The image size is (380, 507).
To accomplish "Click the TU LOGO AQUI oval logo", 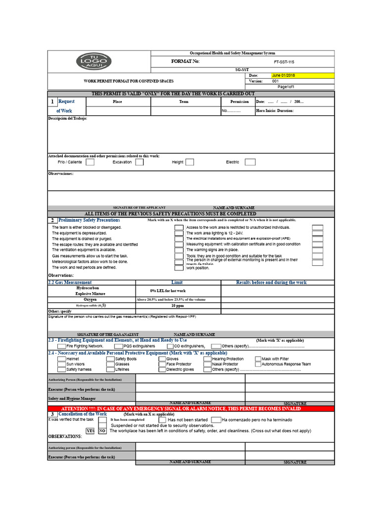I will pos(94,61).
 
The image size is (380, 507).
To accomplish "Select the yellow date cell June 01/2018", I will pos(302,76).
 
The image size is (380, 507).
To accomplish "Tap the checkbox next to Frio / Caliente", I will pos(90,162).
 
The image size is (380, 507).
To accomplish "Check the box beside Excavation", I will pos(140,162).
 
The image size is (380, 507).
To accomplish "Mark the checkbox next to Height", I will pos(190,162).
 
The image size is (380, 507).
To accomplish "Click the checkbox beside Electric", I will pos(250,162).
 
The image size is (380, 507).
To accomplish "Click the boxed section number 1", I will pos(53,102).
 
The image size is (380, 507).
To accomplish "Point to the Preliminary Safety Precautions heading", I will pos(89,220).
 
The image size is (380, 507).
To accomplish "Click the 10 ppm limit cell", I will pos(179,306).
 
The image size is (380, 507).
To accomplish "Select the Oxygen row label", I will pos(90,300).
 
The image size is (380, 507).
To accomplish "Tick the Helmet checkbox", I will pos(61,358).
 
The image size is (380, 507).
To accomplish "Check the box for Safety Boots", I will pos(110,358).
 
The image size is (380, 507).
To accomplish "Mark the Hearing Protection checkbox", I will pos(208,358).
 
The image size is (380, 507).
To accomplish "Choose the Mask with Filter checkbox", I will pos(258,358).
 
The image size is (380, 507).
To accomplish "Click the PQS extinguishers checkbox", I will pos(119,346).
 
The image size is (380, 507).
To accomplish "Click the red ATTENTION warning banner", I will pos(191,408).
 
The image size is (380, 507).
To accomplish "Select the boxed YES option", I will pos(91,431).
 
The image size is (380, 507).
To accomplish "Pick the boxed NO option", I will pos(101,431).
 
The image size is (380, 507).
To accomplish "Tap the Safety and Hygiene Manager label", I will pos(72,398).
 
